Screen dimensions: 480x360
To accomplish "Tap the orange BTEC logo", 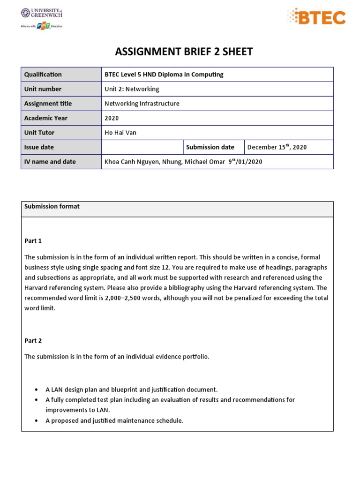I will pyautogui.click(x=316, y=17).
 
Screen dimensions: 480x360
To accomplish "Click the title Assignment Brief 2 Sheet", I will pyautogui.click(x=184, y=52).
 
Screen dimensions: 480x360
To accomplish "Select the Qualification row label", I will pyautogui.click(x=43, y=75).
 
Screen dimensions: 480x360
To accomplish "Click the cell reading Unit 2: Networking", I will pyautogui.click(x=132, y=89).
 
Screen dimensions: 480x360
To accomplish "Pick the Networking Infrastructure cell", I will pyautogui.click(x=142, y=104).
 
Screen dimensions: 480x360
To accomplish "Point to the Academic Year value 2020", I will pyautogui.click(x=112, y=118).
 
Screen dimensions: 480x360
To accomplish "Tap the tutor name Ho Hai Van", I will pyautogui.click(x=120, y=133).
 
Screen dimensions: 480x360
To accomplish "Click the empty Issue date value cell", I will pyautogui.click(x=142, y=147).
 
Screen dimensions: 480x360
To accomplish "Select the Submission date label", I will pyautogui.click(x=210, y=147).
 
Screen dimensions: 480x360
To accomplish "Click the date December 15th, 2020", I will pyautogui.click(x=277, y=147).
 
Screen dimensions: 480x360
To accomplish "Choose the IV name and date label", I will pyautogui.click(x=50, y=162).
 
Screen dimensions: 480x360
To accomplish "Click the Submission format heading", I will pyautogui.click(x=52, y=206).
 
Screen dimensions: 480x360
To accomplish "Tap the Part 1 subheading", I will pyautogui.click(x=33, y=241).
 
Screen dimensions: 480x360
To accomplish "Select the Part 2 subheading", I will pyautogui.click(x=33, y=341).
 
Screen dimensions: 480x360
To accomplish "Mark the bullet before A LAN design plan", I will pyautogui.click(x=37, y=390).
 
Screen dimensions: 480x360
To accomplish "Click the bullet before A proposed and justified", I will pyautogui.click(x=37, y=421).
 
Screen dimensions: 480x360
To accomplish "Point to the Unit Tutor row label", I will pyautogui.click(x=39, y=133).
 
